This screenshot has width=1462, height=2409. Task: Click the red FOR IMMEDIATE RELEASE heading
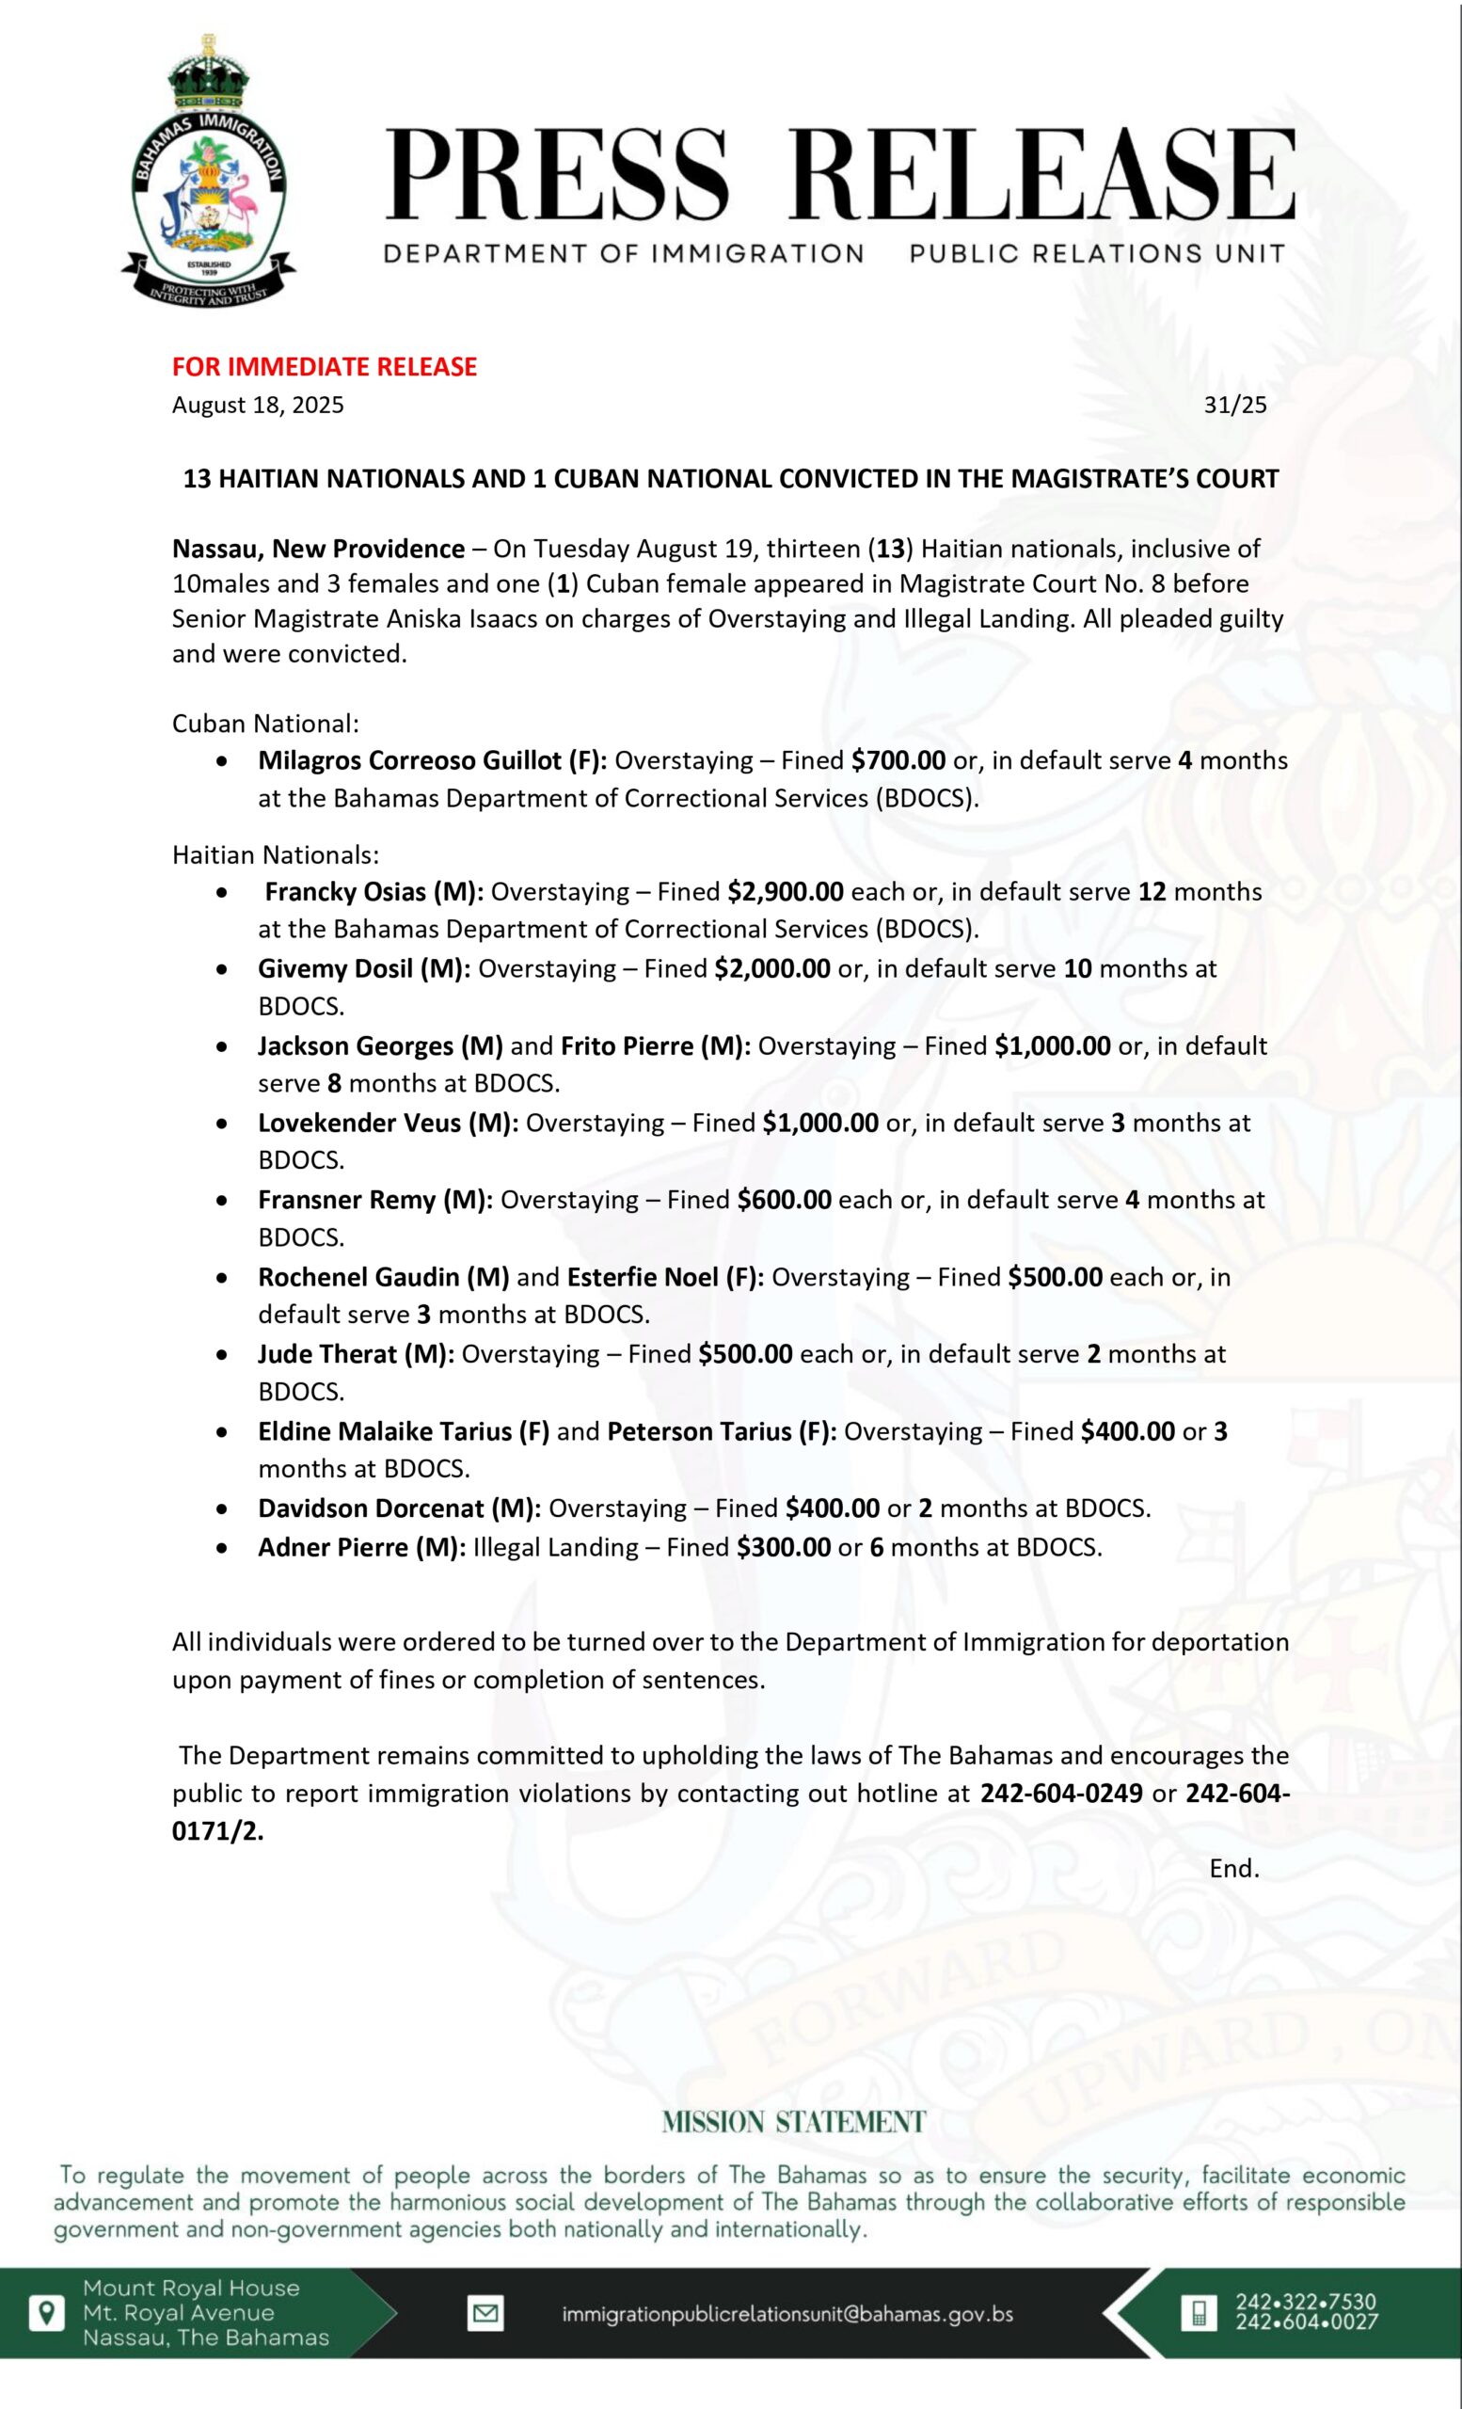tap(325, 367)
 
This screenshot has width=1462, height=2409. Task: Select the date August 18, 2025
tap(258, 405)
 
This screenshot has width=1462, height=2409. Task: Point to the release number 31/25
tap(1234, 405)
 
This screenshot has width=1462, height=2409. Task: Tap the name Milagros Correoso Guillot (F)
tap(432, 760)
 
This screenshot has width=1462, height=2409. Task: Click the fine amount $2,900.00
tap(785, 892)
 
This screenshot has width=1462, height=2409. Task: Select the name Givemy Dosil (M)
tap(363, 969)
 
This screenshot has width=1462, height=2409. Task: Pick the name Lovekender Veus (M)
tap(388, 1123)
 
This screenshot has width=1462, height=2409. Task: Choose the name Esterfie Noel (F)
tap(665, 1277)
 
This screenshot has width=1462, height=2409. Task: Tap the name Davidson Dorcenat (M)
tap(399, 1508)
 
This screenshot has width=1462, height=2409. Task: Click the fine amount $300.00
tap(784, 1547)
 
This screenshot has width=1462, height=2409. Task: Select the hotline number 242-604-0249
tap(1061, 1794)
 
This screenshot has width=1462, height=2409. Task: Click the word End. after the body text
tap(1233, 1868)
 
